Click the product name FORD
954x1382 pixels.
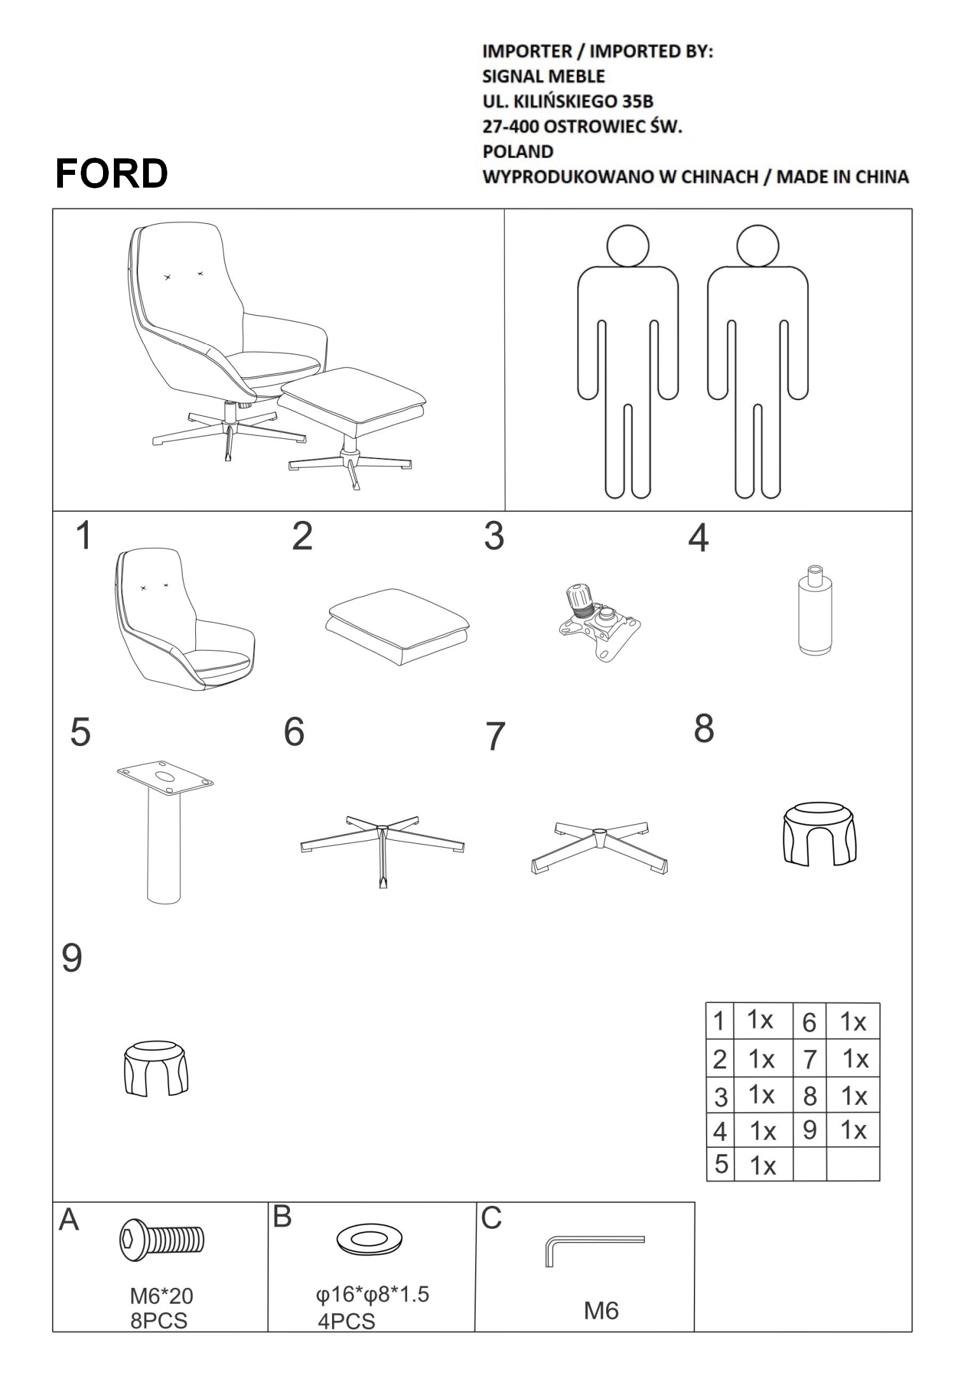112,173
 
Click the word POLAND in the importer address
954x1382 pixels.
518,151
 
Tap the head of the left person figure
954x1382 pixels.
628,245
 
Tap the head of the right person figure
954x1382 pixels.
757,245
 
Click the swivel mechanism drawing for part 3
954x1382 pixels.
598,621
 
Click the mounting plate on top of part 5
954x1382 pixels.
165,777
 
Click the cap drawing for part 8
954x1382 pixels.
819,833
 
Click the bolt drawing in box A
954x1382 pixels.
162,1240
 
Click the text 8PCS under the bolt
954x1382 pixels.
159,1321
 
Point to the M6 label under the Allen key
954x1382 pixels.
601,1310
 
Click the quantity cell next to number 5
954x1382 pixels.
763,1164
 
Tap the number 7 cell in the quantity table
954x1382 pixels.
809,1059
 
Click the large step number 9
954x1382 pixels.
72,958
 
